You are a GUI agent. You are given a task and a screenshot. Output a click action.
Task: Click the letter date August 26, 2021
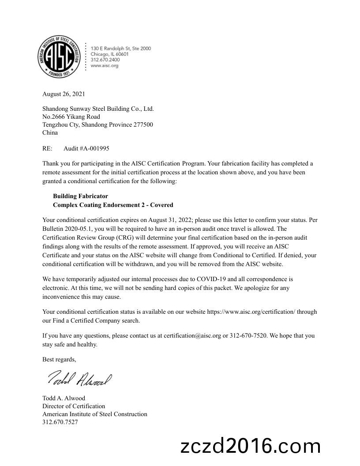click(64, 94)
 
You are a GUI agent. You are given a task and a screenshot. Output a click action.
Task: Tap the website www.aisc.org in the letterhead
click(105, 66)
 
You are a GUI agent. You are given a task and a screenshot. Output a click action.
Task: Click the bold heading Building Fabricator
click(80, 196)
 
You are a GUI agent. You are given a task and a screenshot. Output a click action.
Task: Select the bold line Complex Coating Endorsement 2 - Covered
click(113, 205)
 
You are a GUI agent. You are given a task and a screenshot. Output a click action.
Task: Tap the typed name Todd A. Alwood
click(64, 398)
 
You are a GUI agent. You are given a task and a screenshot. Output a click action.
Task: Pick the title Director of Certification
click(74, 406)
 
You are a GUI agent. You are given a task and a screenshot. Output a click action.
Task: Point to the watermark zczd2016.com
click(251, 446)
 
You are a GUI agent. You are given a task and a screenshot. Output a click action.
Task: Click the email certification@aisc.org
click(192, 335)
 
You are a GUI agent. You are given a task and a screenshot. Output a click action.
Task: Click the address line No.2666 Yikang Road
click(71, 116)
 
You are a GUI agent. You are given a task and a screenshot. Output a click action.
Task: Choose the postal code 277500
click(143, 124)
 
